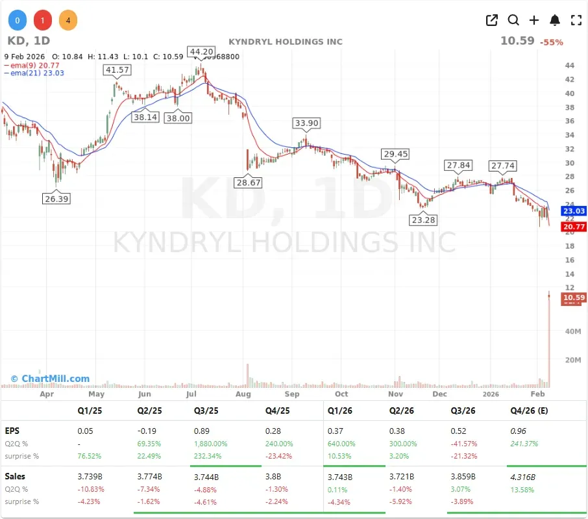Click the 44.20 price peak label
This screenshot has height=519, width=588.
200,52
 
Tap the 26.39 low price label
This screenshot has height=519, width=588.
56,199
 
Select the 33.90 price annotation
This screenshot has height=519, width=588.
306,123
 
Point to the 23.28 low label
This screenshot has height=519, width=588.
423,220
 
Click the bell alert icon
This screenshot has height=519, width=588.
555,20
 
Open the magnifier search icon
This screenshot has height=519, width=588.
513,20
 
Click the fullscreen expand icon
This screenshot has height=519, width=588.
576,20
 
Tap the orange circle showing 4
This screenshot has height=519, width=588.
67,21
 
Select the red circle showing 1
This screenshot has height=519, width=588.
42,21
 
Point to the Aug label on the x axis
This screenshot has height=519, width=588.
243,394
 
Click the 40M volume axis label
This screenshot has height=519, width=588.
571,331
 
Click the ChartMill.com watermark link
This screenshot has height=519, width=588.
50,379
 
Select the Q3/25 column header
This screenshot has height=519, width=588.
207,411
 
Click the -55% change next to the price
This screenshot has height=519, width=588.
552,42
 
